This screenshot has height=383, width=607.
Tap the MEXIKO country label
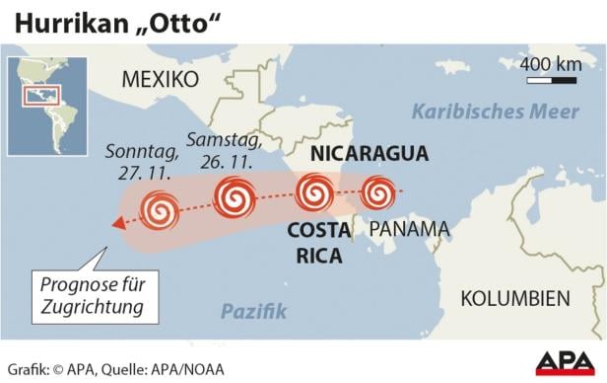[160, 79]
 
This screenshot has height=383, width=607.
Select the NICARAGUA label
[369, 153]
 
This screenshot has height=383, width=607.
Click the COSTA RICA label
[318, 243]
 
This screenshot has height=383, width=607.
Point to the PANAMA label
[409, 229]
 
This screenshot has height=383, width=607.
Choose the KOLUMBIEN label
[515, 298]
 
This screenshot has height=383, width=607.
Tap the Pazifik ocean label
[253, 312]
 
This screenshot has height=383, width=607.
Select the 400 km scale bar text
[550, 66]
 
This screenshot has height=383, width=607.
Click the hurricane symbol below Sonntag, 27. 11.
[159, 210]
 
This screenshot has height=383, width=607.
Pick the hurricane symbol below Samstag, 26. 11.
[235, 196]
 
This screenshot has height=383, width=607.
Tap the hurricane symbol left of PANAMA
[377, 192]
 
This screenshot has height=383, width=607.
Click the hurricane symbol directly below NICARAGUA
[314, 191]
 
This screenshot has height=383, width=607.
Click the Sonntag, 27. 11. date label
[144, 162]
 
